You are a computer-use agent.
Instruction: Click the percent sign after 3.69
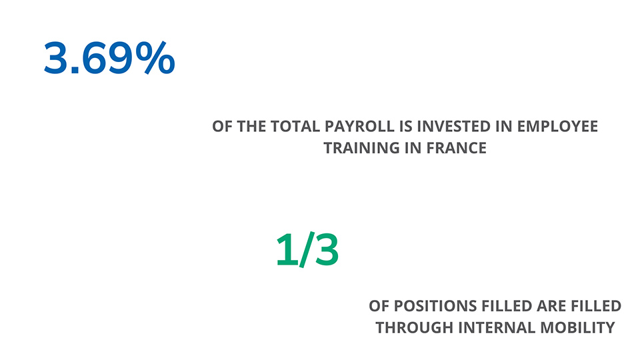point(155,57)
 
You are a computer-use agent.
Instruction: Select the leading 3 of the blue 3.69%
point(56,58)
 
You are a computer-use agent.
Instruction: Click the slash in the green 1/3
point(307,249)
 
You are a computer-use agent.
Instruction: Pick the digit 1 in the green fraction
point(287,249)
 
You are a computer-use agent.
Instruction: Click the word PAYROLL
point(359,127)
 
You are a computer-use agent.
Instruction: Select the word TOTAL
point(295,127)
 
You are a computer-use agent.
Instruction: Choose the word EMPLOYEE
point(557,127)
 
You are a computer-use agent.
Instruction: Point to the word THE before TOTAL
point(252,127)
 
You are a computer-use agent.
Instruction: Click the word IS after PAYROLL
point(406,127)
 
